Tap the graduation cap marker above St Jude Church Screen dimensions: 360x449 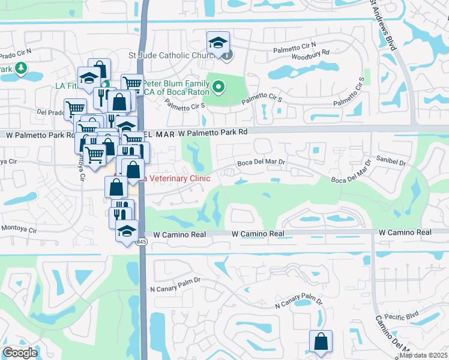pos(218,43)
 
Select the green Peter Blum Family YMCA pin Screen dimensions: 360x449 pos(219,88)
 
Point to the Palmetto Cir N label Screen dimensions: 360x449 pos(294,46)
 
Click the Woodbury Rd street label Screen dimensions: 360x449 pos(310,53)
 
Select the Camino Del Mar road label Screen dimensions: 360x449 pos(392,336)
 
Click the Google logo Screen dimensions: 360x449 pos(20,353)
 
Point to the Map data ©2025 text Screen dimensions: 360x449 pos(423,355)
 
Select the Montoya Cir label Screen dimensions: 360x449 pos(19,229)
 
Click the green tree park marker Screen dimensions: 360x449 pos(22,68)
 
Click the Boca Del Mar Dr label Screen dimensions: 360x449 pos(261,162)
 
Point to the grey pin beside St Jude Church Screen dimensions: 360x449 pos(228,56)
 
